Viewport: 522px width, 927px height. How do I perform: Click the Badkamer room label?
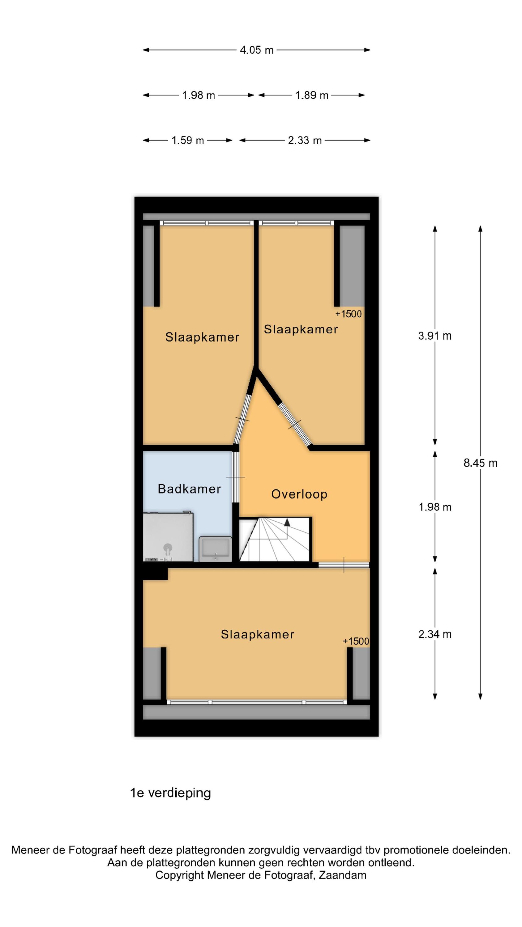189,489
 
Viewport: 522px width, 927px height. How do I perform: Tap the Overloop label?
299,494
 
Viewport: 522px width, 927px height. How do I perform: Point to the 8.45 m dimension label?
480,463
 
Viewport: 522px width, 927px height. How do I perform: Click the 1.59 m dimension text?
188,140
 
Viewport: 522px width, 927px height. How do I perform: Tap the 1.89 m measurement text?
312,95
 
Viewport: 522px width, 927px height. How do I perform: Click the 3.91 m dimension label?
435,336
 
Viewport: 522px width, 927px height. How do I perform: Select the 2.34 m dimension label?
435,634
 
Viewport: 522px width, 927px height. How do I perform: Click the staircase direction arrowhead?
287,523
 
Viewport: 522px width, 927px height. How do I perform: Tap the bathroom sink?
216,549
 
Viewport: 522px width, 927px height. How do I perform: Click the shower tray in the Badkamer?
168,537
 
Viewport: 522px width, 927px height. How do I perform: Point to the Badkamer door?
235,477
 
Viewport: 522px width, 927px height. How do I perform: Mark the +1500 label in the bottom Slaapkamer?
356,641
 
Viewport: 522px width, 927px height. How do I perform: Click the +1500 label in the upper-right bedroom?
348,314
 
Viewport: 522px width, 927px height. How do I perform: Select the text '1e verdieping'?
170,793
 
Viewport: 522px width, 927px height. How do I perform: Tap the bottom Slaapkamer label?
258,634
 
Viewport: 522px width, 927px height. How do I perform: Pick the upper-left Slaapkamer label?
202,337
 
